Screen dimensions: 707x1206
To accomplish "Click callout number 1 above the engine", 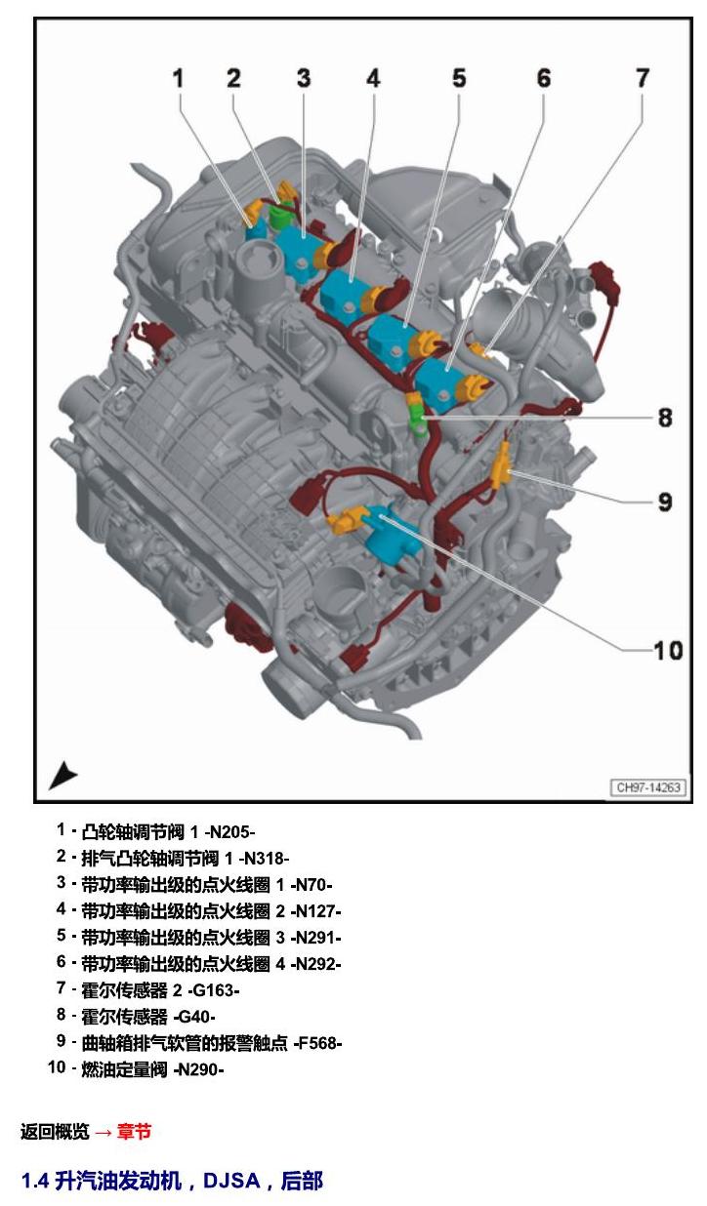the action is tap(179, 79).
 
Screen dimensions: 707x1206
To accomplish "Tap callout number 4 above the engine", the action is tap(373, 79).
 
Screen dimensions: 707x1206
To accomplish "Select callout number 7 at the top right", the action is tap(642, 79).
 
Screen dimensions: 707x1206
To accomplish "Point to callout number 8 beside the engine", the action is tap(665, 418).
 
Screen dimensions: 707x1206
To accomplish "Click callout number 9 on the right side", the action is tap(665, 502).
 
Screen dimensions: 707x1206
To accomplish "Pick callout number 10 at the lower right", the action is tap(668, 651).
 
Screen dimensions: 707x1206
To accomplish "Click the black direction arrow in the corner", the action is tap(62, 776).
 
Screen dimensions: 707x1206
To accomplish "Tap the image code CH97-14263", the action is tap(648, 787).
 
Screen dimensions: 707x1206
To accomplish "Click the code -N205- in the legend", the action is tap(229, 832).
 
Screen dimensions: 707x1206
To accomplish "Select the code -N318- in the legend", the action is tap(264, 858).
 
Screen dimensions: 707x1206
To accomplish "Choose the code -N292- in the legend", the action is tap(315, 964).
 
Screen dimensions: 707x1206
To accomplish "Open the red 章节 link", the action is tap(134, 1131).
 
